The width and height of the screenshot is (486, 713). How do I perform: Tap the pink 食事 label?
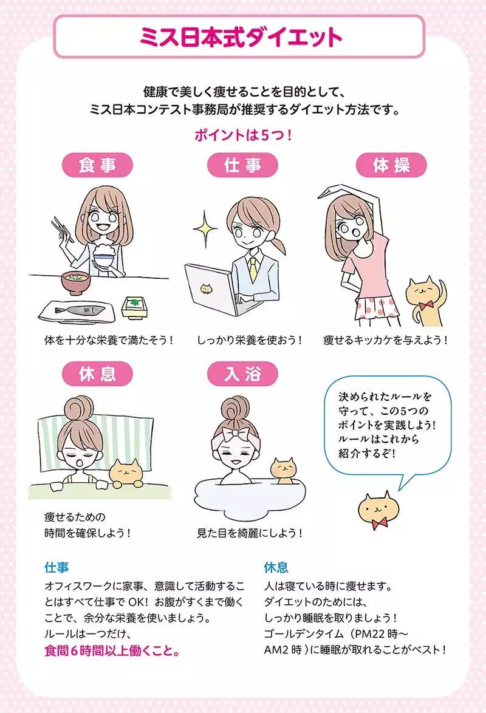tap(97, 165)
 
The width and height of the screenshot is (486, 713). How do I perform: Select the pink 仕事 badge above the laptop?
tap(242, 165)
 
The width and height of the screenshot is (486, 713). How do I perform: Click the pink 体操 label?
tap(391, 165)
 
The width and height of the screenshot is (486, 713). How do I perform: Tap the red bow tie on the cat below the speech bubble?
tap(380, 522)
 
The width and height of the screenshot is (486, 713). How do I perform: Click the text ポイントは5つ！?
tap(243, 135)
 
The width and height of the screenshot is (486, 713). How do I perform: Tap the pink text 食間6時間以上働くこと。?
tap(112, 651)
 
